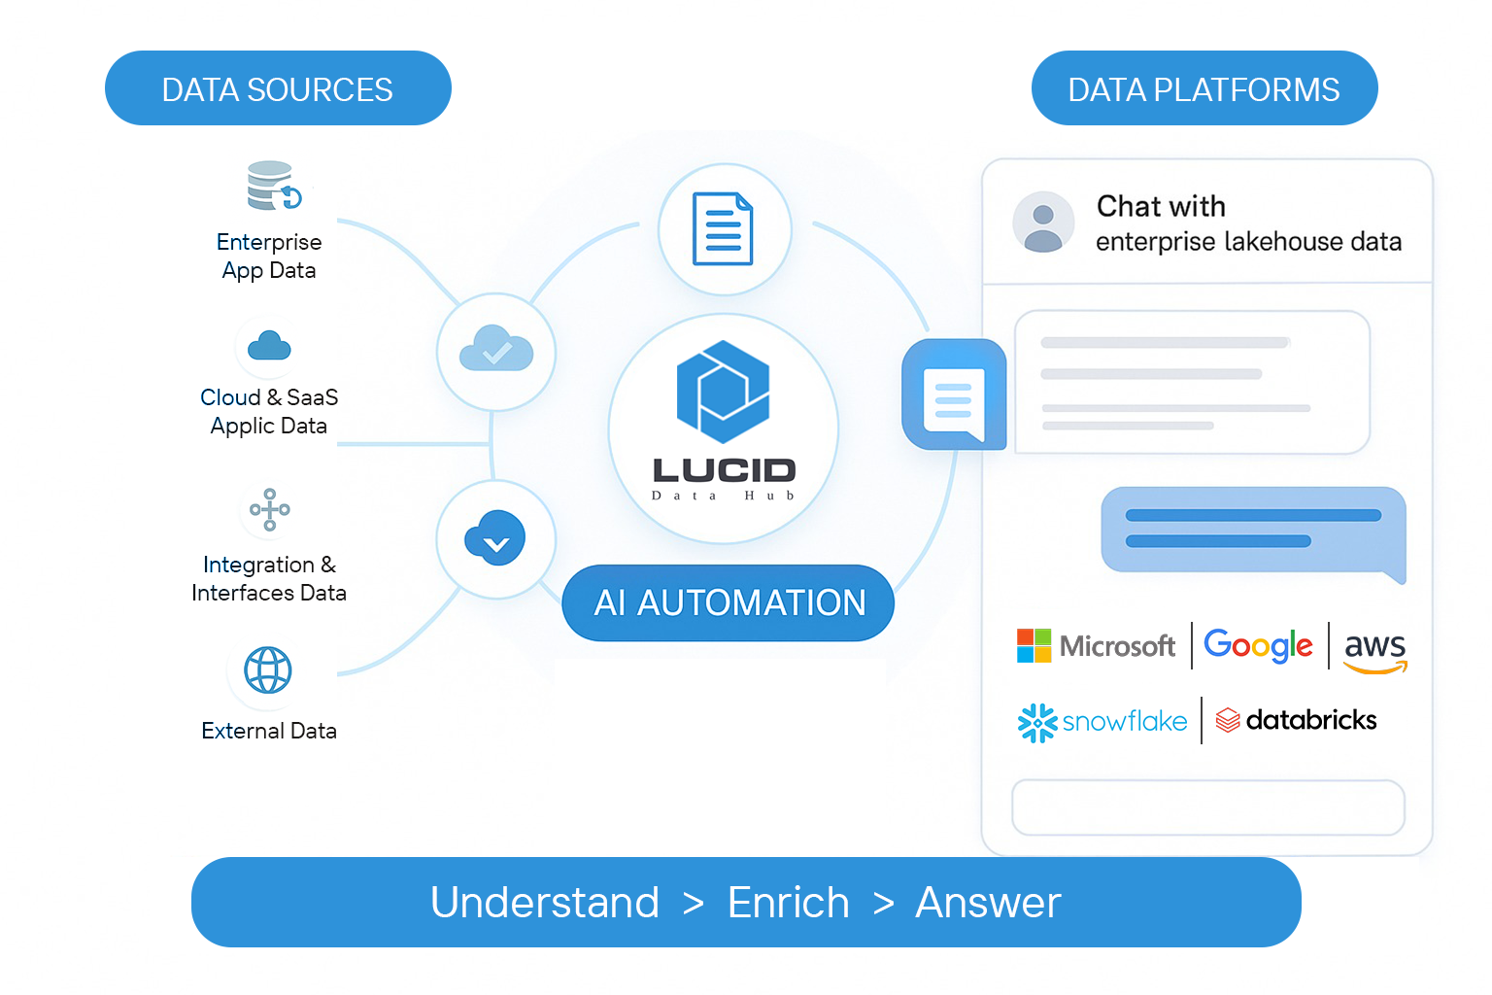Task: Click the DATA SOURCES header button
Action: tap(278, 88)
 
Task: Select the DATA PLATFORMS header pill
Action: tap(1204, 88)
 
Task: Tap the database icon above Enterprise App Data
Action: tap(272, 186)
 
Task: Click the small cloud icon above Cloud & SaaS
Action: tap(269, 346)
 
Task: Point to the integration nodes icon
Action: tap(269, 509)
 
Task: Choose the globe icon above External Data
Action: tap(268, 670)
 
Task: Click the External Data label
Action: tap(269, 731)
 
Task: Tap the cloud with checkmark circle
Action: tap(495, 351)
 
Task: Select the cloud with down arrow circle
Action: tap(495, 538)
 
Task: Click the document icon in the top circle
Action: tap(724, 229)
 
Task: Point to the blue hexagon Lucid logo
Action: tap(724, 391)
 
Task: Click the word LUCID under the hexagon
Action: tap(724, 470)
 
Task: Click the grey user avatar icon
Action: tap(1043, 223)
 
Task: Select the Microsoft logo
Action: tap(1096, 645)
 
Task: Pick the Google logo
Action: tap(1258, 645)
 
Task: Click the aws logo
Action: tap(1374, 649)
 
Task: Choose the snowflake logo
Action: tap(1102, 721)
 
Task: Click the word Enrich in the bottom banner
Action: tap(788, 903)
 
